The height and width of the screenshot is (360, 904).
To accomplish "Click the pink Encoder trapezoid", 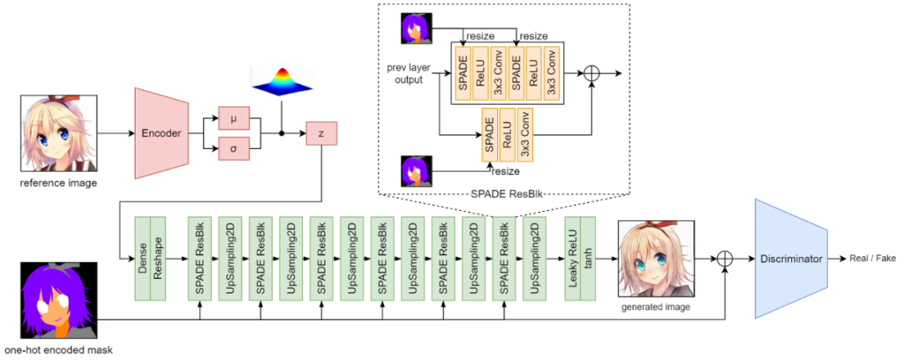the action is [x=162, y=132].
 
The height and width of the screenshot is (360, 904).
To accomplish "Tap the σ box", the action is [x=234, y=149].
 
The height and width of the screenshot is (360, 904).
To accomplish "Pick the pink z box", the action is [x=321, y=133].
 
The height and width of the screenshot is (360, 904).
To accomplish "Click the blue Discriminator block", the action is [x=791, y=259].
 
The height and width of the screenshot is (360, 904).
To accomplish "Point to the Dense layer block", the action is [x=142, y=259].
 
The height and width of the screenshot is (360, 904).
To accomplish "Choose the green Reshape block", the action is [x=158, y=259].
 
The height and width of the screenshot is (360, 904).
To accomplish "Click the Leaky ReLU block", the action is [x=573, y=259].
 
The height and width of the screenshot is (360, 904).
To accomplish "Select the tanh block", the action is [x=588, y=259].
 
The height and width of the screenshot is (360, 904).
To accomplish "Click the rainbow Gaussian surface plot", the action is [x=280, y=81].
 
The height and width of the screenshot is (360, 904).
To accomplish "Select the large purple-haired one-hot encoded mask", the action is [x=59, y=301].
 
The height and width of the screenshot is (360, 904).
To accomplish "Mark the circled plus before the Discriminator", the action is [x=725, y=260].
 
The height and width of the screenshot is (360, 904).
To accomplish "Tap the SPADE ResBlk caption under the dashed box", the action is [x=493, y=194].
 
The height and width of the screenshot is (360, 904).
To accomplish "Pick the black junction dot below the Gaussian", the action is [x=281, y=133].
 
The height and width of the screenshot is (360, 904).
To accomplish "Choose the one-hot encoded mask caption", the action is [x=59, y=350].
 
